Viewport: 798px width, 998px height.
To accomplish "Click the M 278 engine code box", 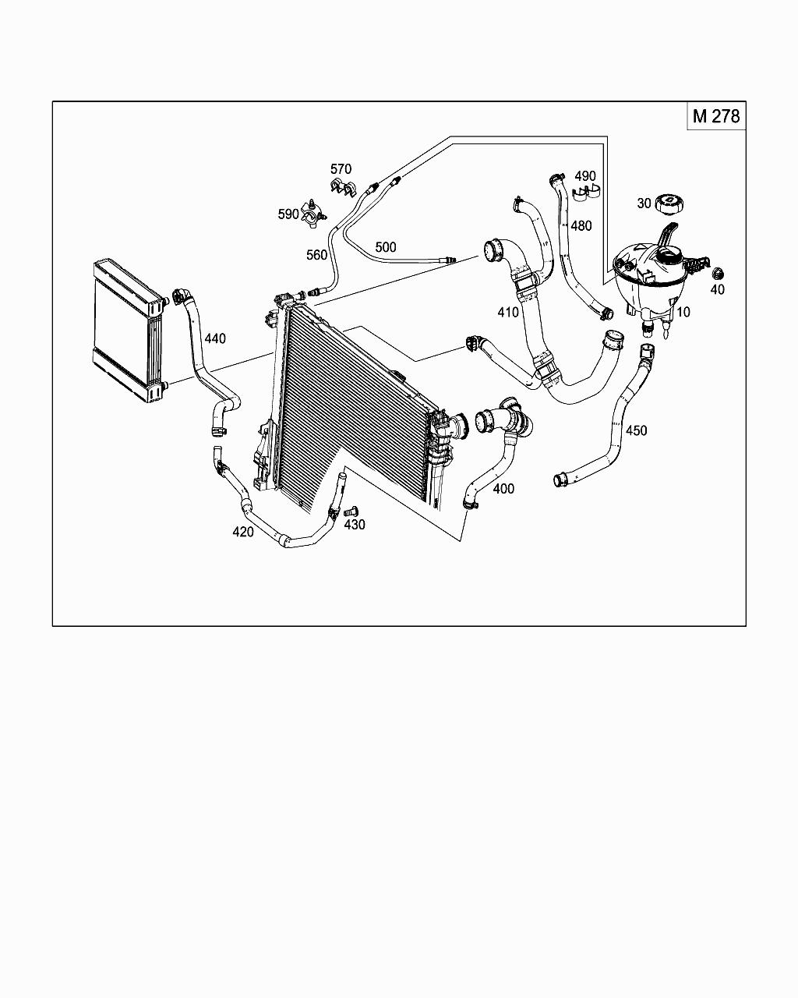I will [715, 116].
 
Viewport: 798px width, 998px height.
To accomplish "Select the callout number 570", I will [341, 169].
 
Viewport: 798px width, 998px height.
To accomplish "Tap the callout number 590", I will [289, 214].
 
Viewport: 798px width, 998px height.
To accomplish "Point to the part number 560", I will [316, 255].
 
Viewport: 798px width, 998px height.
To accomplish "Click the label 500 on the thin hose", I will [386, 247].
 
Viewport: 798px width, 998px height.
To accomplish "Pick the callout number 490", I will [585, 176].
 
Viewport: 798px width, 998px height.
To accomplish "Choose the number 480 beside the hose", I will [581, 226].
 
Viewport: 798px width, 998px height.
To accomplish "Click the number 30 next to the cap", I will [644, 203].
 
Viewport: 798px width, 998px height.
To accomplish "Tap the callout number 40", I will [718, 289].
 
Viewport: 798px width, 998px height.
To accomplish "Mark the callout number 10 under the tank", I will [683, 312].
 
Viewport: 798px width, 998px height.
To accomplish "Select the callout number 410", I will [508, 313].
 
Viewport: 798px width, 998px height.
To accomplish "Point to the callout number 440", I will [215, 338].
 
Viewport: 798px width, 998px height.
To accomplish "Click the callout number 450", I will [636, 430].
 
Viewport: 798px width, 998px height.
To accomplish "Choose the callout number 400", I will [504, 489].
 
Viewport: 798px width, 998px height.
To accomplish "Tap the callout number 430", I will [355, 525].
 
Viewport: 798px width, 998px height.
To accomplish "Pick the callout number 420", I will [243, 532].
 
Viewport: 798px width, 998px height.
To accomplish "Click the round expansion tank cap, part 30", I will [669, 204].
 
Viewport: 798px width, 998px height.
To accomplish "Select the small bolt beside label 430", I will [349, 511].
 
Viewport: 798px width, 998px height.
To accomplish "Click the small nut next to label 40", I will [718, 273].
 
